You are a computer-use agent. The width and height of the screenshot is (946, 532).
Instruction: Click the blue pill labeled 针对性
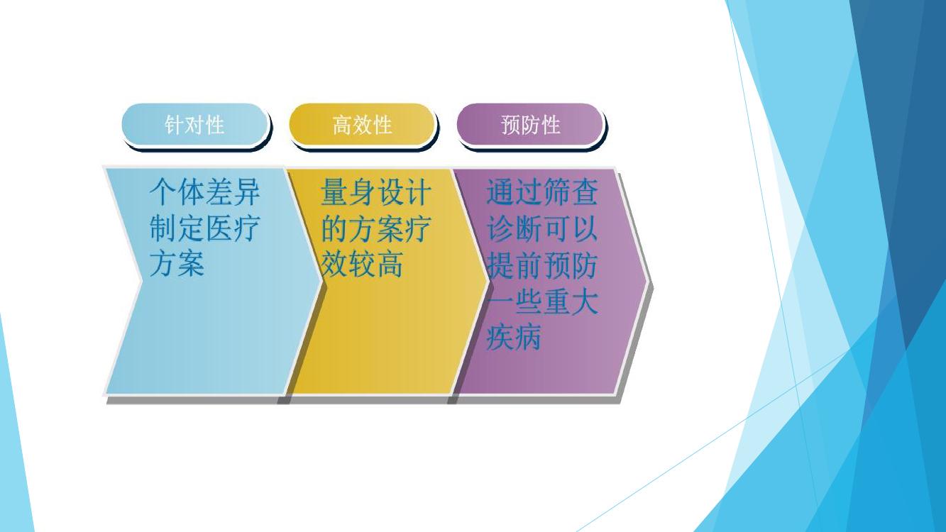point(194,125)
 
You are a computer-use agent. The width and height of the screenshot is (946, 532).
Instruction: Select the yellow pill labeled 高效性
point(363,125)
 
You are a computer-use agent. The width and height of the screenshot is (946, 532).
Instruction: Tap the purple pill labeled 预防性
point(530,125)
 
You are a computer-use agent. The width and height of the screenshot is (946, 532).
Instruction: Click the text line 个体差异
point(204,192)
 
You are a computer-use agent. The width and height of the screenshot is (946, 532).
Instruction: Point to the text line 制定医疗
point(204,228)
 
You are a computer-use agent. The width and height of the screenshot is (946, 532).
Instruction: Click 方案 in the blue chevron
point(177,265)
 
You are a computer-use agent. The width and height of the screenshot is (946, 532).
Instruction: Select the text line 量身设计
point(376,192)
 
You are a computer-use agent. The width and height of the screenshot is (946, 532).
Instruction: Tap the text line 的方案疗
point(376,228)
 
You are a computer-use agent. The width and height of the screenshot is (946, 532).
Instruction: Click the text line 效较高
point(362,265)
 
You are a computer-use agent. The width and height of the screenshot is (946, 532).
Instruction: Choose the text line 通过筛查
point(542,192)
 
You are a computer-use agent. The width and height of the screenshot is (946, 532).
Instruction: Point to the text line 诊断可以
point(542,228)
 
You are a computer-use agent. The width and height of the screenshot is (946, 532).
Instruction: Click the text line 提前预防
point(542,265)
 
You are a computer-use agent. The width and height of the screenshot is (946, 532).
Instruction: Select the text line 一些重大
point(542,301)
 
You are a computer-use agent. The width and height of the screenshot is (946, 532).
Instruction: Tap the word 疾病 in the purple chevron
point(514,338)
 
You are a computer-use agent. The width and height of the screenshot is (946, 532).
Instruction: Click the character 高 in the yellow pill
point(342,125)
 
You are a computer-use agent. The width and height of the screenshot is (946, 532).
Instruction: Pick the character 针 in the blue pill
point(175,125)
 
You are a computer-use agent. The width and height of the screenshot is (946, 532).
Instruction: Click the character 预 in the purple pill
point(510,125)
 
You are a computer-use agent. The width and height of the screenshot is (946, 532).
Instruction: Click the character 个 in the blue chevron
point(163,192)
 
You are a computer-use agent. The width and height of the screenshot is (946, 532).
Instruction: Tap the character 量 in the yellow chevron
point(334,192)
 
